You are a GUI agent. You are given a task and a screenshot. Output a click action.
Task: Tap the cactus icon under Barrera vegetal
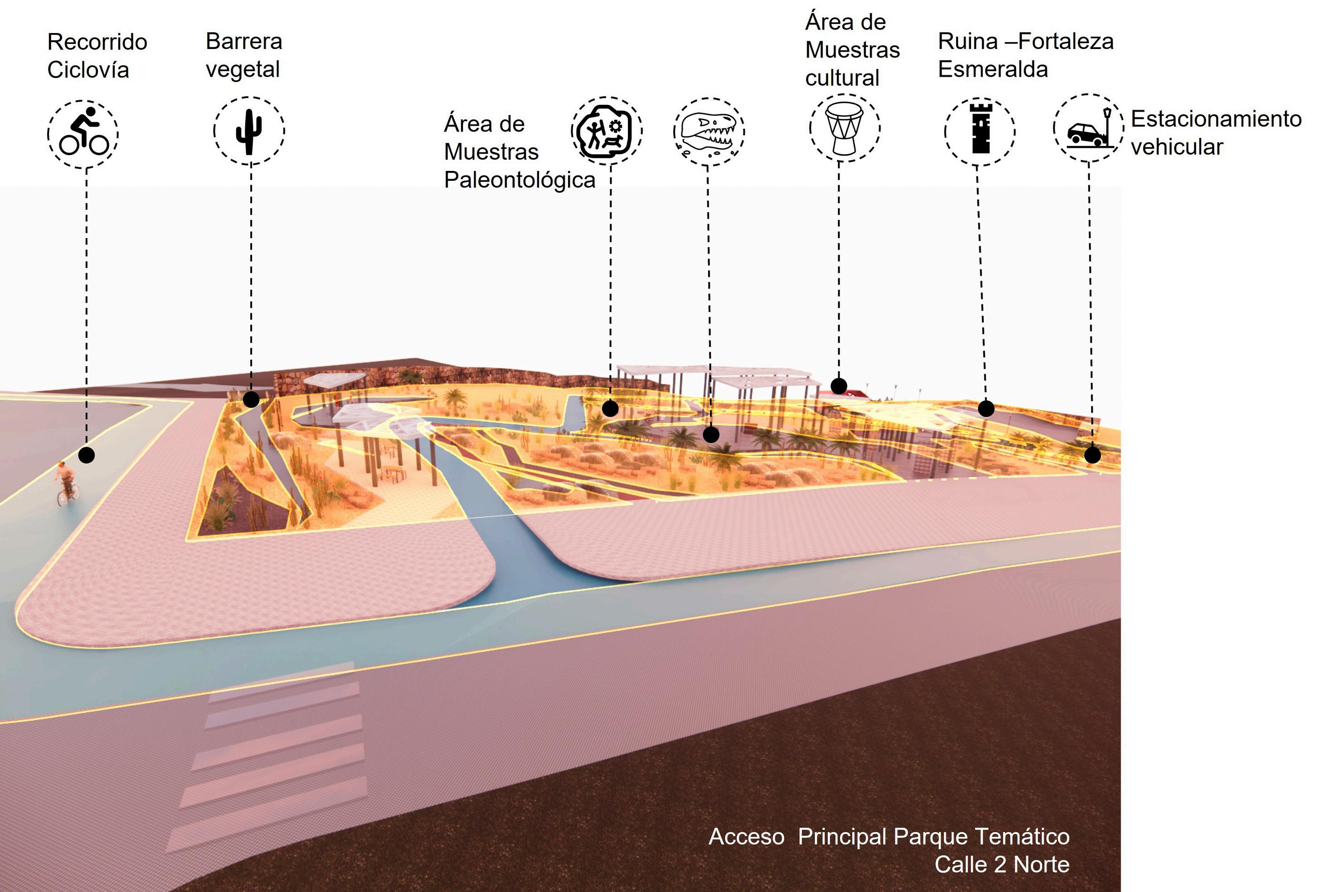point(249,132)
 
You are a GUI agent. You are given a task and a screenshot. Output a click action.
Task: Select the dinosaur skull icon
point(709,132)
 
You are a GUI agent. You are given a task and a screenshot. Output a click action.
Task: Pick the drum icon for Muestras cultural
point(845,128)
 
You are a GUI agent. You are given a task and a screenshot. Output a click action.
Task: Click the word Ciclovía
point(88,70)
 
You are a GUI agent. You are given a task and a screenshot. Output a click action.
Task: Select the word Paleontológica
point(519,180)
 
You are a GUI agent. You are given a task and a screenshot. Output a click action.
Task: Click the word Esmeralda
point(992,69)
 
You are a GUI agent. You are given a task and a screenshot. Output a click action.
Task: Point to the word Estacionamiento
point(1216,119)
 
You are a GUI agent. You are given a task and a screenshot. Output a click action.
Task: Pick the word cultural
point(842,78)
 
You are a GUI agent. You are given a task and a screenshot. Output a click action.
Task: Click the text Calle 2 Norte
point(1001,864)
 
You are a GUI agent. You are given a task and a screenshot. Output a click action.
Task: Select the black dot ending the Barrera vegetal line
point(251,400)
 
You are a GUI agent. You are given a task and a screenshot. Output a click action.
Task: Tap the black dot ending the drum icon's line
point(838,386)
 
